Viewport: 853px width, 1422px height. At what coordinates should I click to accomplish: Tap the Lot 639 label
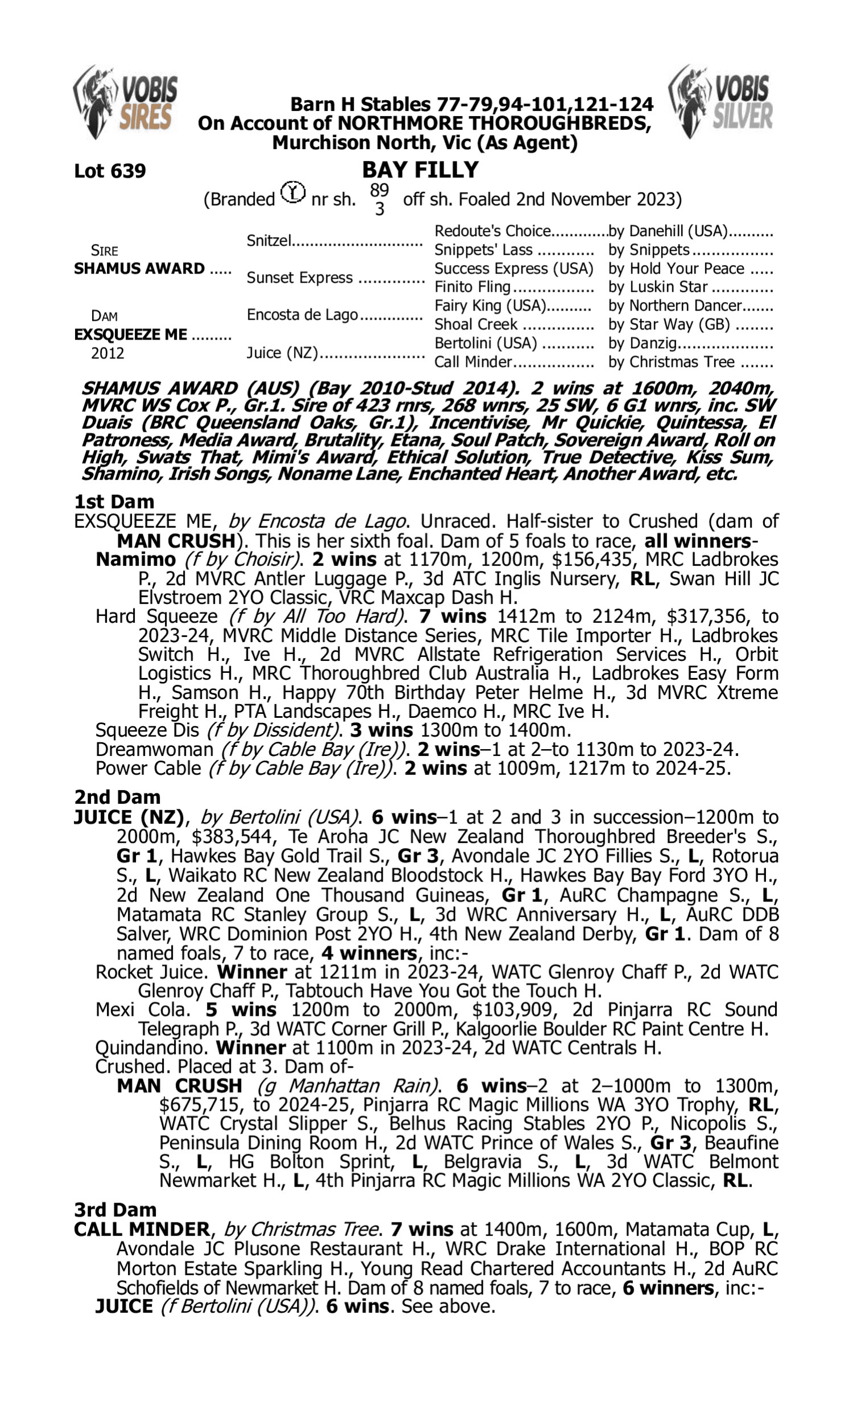(110, 171)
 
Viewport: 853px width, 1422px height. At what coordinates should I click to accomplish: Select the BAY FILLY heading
(420, 170)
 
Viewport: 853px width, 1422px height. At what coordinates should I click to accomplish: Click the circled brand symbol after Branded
(293, 192)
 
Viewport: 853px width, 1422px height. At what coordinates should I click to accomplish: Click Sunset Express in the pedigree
(299, 278)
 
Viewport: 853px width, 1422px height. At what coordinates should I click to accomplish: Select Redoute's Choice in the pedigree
(492, 231)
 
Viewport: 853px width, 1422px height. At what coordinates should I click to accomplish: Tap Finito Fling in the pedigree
(473, 287)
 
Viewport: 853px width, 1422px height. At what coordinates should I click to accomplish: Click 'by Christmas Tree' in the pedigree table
(672, 362)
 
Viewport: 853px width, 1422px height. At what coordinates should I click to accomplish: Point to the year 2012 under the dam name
(107, 353)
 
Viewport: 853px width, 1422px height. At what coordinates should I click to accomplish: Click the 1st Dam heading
(114, 501)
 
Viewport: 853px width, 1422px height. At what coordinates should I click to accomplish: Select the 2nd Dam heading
(117, 797)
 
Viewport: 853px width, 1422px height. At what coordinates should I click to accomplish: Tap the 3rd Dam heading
(115, 1209)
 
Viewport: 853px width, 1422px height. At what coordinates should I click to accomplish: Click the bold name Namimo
(136, 559)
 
